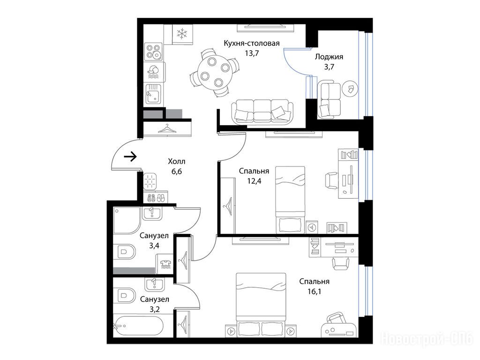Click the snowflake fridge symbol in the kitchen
[x=182, y=33]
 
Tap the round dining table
[x=214, y=71]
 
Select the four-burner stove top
[x=153, y=51]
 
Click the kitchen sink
[x=154, y=93]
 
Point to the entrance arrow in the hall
[x=130, y=157]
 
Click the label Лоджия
[x=329, y=57]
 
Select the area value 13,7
[x=252, y=53]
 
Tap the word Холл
[x=177, y=161]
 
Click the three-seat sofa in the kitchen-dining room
[x=262, y=112]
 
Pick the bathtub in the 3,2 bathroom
[x=138, y=325]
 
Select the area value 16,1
[x=315, y=292]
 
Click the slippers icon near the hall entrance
[x=156, y=197]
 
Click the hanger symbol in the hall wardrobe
[x=167, y=128]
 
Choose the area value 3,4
[x=154, y=246]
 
